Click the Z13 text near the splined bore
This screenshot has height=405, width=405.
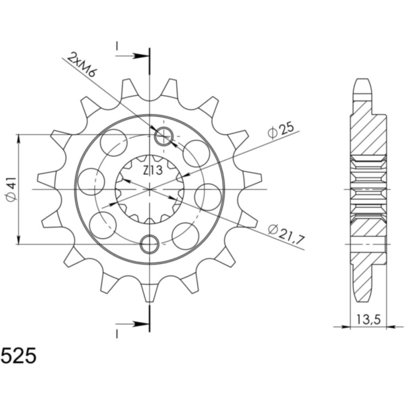[153, 171]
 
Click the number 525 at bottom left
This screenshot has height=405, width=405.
[20, 356]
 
